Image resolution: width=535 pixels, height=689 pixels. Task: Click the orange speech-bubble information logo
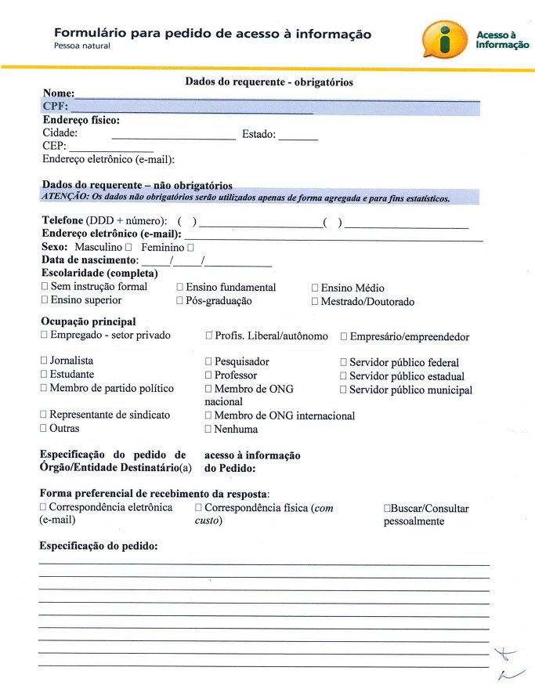point(445,39)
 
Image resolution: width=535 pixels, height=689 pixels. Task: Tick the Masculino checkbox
point(128,247)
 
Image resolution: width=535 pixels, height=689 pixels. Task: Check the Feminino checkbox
point(190,247)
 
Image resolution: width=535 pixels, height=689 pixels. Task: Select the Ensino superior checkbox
point(45,300)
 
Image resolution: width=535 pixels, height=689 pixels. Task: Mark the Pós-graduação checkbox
point(179,301)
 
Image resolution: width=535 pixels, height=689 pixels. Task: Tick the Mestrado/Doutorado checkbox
point(315,302)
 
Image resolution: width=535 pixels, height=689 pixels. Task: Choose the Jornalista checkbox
point(44,361)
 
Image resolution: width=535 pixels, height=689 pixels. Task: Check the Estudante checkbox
point(44,375)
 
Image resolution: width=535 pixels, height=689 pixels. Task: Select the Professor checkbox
point(208,375)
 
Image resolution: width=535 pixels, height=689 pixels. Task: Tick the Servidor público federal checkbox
point(343,363)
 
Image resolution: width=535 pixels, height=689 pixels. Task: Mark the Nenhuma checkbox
point(208,430)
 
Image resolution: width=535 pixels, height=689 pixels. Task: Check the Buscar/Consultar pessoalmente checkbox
point(387,509)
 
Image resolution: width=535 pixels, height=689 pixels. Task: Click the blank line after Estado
point(298,138)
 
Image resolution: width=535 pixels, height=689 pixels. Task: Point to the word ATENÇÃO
point(65,198)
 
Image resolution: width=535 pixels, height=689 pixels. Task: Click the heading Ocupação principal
point(88,321)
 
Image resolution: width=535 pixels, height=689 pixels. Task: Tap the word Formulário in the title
point(89,34)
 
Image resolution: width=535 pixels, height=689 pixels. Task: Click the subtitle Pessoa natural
point(82,46)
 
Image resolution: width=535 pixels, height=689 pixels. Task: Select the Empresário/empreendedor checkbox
point(344,336)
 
